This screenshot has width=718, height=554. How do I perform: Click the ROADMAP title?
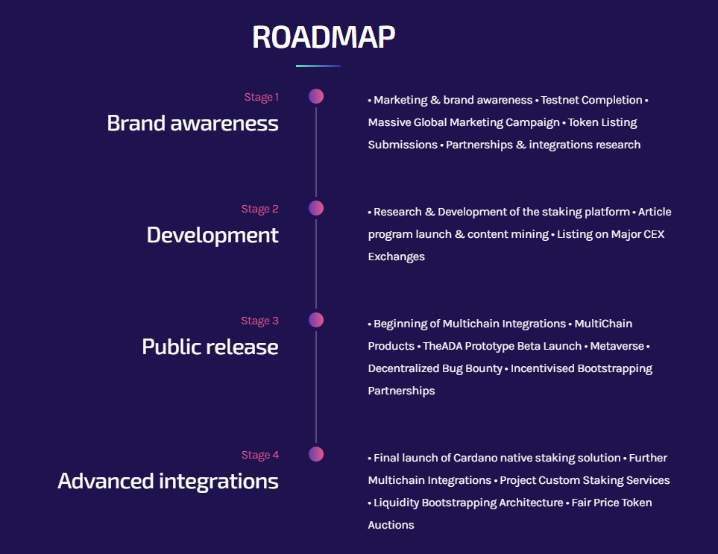[x=324, y=37]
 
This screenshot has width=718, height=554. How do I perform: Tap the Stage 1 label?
[x=261, y=97]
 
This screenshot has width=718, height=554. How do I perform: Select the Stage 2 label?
[x=259, y=209]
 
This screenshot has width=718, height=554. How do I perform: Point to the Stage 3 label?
[x=259, y=321]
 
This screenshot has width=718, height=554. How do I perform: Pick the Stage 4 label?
[x=259, y=455]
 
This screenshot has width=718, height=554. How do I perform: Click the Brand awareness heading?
[x=192, y=123]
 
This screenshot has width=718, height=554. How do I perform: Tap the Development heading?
[x=212, y=235]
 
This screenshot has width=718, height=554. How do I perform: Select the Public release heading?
[x=210, y=347]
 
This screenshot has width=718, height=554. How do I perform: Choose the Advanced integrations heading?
[x=168, y=481]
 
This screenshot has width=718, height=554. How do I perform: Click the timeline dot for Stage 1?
[x=316, y=96]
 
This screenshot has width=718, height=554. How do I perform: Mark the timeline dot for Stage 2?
[x=316, y=208]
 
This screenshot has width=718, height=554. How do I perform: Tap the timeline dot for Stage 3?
[x=316, y=320]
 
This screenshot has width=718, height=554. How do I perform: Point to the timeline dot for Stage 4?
[x=316, y=454]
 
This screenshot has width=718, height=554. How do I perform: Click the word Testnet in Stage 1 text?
[x=560, y=100]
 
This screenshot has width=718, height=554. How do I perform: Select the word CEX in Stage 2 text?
[x=652, y=234]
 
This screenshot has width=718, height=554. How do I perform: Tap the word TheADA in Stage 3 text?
[x=442, y=346]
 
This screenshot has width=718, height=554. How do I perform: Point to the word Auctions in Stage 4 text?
[x=391, y=525]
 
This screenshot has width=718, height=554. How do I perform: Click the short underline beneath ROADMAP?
[x=318, y=66]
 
